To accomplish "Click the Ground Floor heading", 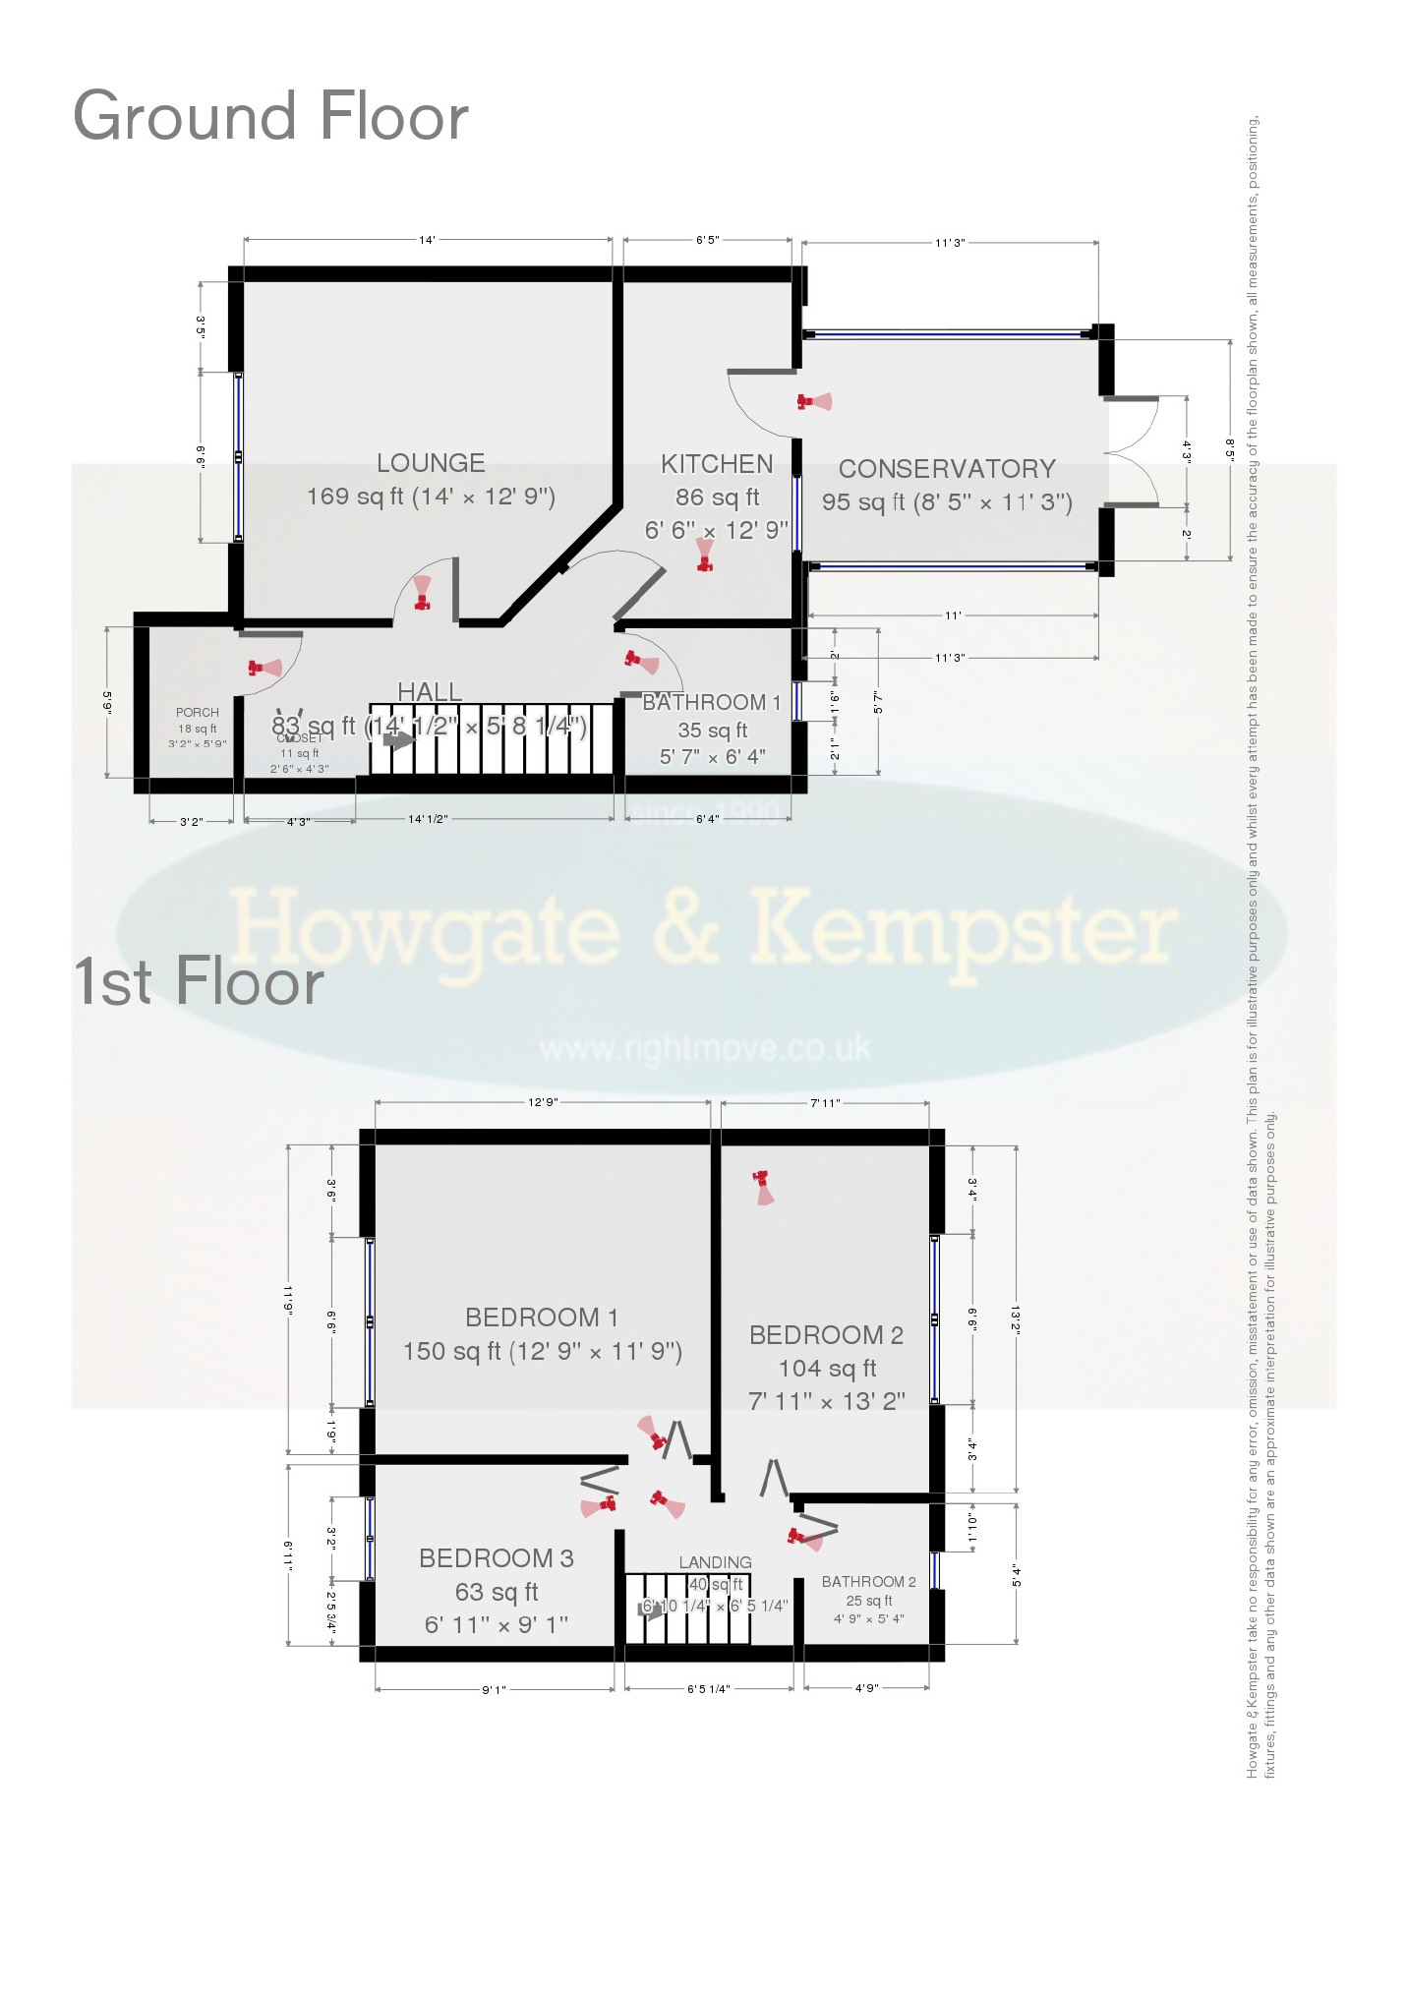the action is click(x=270, y=117).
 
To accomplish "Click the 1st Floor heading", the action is click(x=199, y=981).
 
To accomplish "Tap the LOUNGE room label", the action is click(x=431, y=463).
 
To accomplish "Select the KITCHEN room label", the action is click(x=717, y=464).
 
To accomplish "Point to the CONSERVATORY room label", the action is click(x=947, y=469).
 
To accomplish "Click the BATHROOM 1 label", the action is click(x=711, y=703).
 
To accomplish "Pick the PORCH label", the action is click(x=198, y=713).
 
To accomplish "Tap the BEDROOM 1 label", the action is click(x=542, y=1318).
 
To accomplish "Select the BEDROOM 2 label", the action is click(x=826, y=1335).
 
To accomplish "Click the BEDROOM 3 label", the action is click(x=497, y=1558).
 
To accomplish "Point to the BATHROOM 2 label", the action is click(x=868, y=1582).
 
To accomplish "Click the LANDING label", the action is click(x=715, y=1562).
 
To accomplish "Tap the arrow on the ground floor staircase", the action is click(x=398, y=739).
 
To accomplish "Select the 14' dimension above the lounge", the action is click(x=427, y=240).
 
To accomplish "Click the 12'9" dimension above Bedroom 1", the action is click(x=542, y=1102).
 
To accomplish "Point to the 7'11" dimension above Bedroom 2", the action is click(x=825, y=1103).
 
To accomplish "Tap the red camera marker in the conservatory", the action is click(x=812, y=401).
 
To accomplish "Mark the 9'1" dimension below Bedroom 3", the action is click(x=494, y=1690).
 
